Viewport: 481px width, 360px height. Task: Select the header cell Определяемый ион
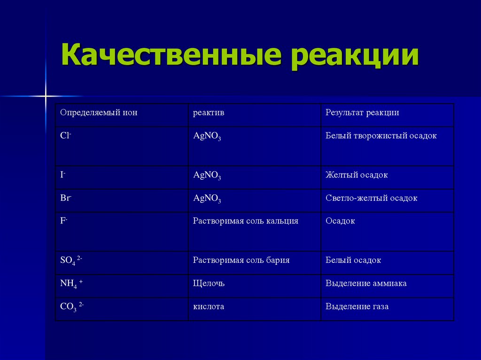99,113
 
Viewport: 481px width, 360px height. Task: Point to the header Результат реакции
362,113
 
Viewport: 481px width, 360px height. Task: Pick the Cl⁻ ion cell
65,136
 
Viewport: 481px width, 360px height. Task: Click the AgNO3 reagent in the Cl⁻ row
207,137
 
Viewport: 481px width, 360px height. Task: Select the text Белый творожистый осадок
381,136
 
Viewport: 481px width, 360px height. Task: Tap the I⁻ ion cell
62,175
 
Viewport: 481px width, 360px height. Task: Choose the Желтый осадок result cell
357,175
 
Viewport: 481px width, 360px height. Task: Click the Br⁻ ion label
65,198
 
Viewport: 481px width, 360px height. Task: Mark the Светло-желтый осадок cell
371,198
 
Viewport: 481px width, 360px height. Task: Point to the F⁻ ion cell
64,221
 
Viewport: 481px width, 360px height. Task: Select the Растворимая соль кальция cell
246,221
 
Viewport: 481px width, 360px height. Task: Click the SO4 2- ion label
71,260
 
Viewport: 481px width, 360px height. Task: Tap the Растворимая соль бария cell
241,260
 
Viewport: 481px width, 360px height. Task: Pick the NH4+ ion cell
71,284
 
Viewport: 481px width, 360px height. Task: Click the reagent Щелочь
209,283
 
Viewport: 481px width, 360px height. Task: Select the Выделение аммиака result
366,283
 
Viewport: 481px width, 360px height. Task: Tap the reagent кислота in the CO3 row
209,306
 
